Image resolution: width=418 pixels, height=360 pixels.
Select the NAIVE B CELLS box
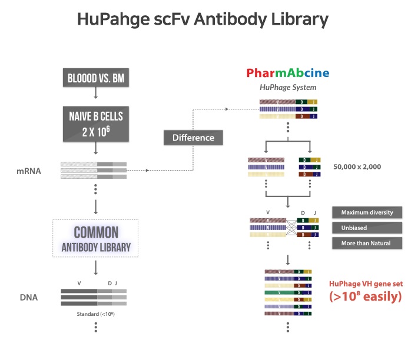97,124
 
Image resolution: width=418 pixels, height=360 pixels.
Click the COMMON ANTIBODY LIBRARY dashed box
95,238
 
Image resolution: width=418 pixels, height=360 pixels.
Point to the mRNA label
28,171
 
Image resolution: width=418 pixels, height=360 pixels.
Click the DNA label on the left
28,297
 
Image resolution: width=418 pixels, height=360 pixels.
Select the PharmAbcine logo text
288,74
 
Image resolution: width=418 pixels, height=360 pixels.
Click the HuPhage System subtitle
288,87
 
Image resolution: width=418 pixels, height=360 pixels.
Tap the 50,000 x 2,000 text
357,166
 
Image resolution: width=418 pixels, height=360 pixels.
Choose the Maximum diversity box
367,212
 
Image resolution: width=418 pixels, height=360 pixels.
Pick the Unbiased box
367,227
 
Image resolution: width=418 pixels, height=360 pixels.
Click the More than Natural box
367,242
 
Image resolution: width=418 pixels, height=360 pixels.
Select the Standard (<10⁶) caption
94,314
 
